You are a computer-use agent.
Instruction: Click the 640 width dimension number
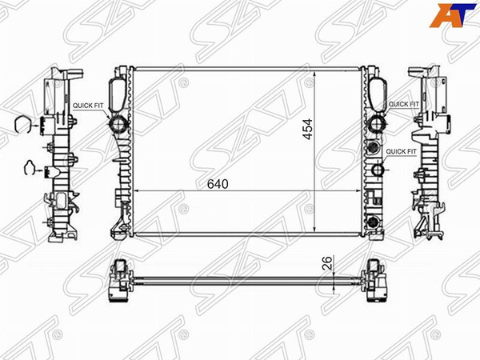click(218, 184)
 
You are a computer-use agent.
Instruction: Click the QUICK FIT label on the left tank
click(88, 105)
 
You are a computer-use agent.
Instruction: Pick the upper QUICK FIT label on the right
click(402, 105)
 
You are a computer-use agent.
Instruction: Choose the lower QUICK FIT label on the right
click(401, 151)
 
